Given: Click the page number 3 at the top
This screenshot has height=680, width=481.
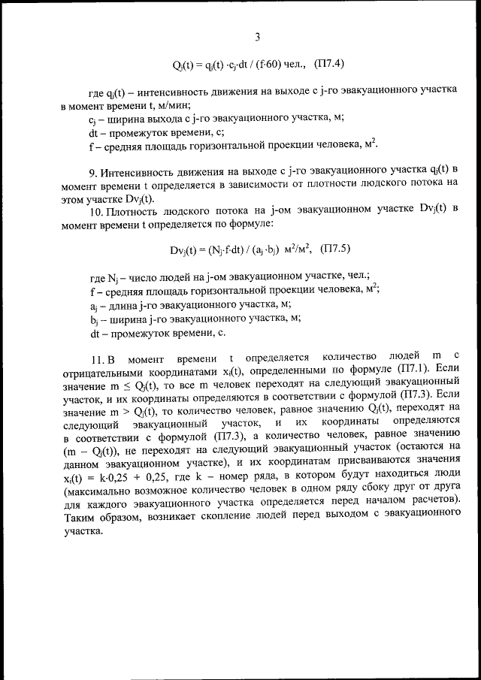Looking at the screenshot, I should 258,37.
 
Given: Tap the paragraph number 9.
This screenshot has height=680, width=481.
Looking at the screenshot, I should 93,172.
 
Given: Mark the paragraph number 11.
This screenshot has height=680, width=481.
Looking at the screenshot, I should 95,354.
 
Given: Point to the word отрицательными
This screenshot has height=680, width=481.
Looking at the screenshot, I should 101,368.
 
